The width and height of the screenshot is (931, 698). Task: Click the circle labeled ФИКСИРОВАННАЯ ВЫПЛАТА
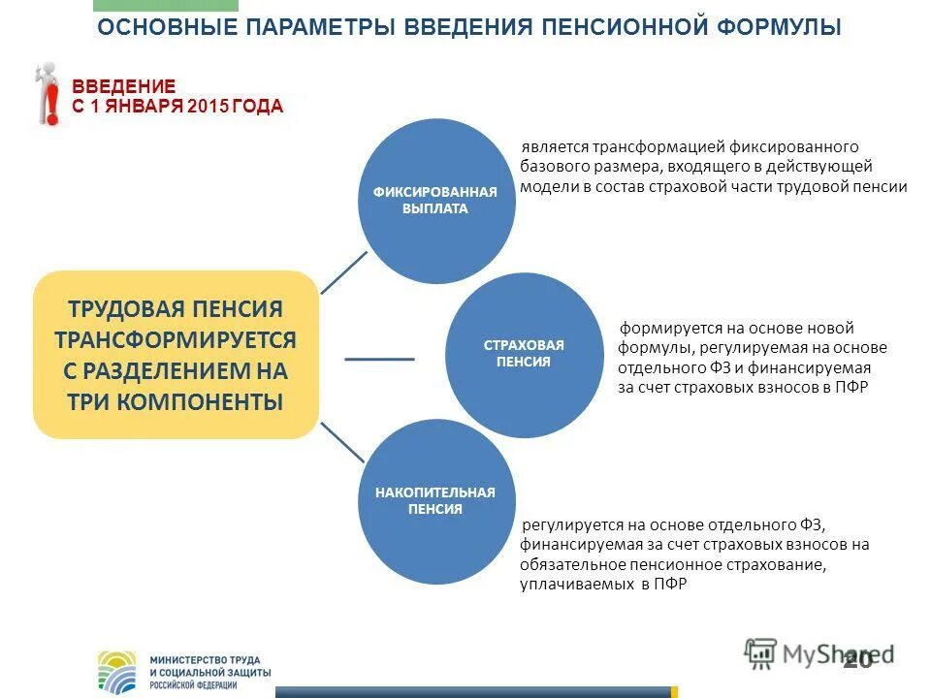tap(435, 200)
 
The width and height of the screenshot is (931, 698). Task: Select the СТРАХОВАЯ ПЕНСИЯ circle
tap(524, 353)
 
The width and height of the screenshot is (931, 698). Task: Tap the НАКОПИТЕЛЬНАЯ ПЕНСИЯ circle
tap(435, 500)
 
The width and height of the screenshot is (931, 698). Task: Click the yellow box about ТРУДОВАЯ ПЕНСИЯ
tap(176, 355)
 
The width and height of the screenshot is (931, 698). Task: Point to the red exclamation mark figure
tap(46, 94)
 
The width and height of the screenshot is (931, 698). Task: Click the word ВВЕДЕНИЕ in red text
tap(124, 87)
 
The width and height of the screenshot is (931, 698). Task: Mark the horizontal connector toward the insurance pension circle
tap(379, 359)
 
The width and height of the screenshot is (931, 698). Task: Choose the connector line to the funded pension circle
tap(342, 442)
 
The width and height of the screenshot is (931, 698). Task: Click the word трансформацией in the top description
tap(633, 146)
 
